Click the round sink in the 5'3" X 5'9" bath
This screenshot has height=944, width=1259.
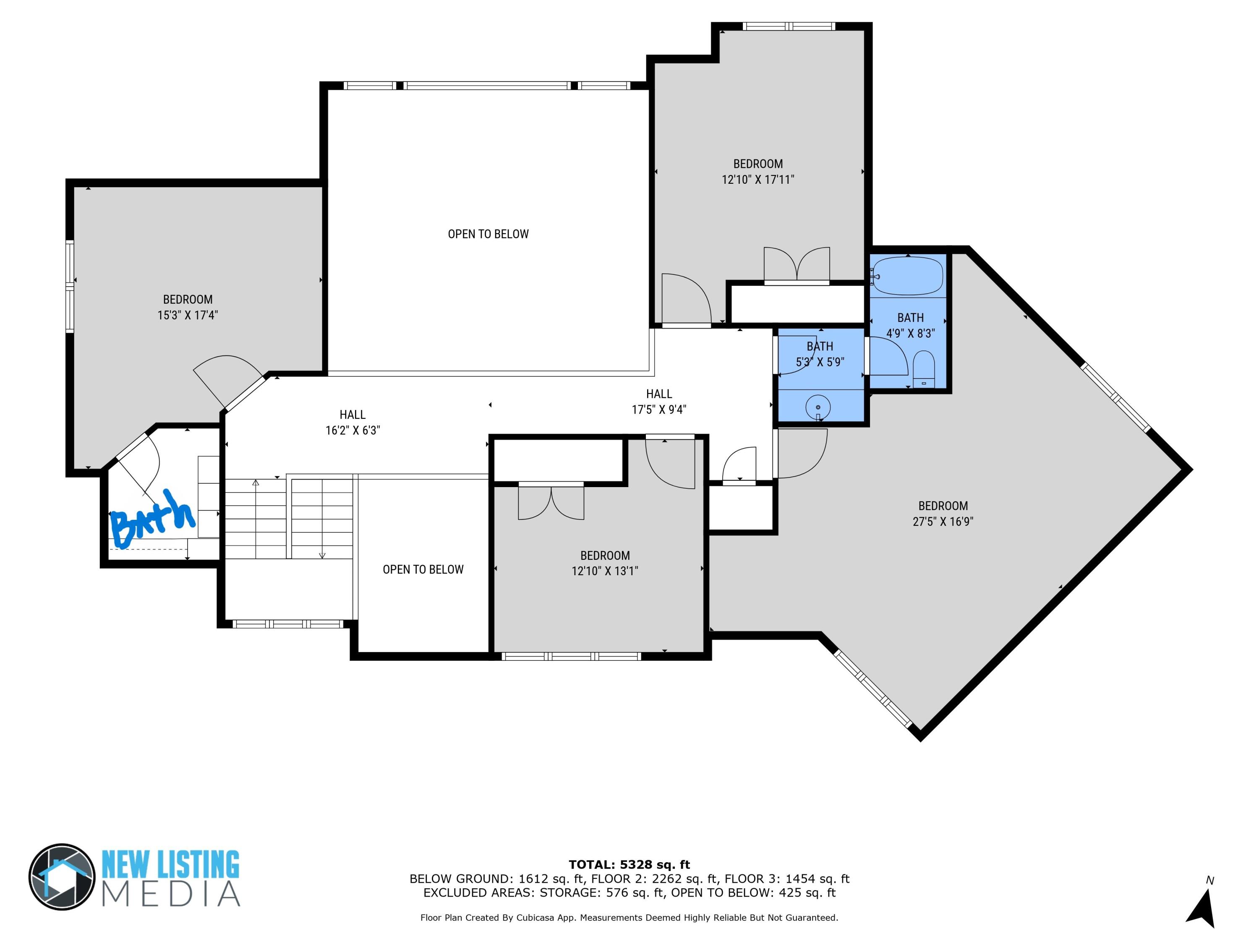(818, 407)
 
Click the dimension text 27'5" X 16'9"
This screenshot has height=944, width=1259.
(943, 521)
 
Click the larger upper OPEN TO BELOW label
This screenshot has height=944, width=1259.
(488, 234)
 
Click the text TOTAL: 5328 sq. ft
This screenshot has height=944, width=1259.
(629, 865)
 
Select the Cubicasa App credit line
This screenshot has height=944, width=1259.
(629, 917)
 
